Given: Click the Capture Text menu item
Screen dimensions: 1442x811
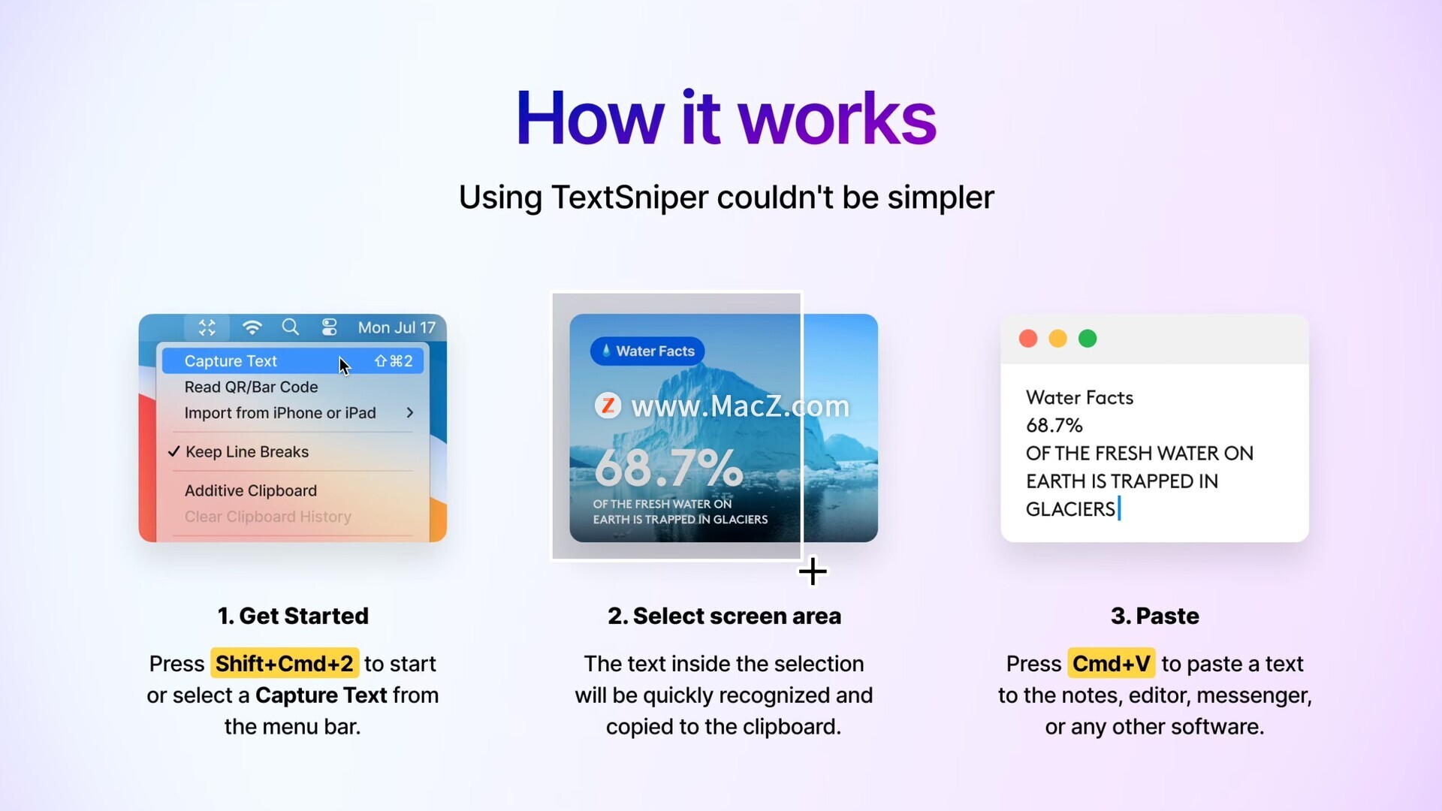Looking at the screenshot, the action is click(293, 361).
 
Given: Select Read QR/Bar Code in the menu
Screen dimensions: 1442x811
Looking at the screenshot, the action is click(251, 387).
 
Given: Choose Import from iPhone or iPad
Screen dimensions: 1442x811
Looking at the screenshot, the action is click(280, 413).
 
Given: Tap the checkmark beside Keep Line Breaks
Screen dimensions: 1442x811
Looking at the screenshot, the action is click(173, 451).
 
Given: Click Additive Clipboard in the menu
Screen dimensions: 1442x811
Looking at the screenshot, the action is click(251, 490).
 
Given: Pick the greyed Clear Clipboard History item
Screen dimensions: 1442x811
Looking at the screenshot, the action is click(268, 517).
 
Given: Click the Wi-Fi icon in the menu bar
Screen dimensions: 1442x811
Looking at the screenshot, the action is click(252, 327).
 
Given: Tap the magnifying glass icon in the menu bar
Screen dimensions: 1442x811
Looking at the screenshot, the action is click(291, 327).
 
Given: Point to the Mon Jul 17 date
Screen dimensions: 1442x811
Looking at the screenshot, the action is click(397, 327).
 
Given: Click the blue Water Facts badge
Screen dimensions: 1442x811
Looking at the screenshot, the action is click(647, 351).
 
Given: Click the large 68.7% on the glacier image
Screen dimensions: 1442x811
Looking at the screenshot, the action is click(668, 467).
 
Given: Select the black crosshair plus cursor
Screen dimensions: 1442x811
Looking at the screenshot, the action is click(813, 572).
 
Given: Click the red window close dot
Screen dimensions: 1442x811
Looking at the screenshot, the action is click(1028, 339).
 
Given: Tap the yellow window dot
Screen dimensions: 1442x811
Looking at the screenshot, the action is click(1057, 339).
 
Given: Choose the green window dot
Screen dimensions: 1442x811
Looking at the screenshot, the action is click(1088, 339).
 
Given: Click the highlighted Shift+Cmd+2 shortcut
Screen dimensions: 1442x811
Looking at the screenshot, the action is click(285, 664).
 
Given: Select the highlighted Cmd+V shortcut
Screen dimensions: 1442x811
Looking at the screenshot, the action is click(1112, 664).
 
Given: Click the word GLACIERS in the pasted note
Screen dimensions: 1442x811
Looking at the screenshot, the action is click(1070, 509).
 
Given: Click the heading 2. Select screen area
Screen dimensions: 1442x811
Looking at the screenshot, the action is click(724, 616).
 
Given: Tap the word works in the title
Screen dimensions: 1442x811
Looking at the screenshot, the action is click(837, 118).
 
